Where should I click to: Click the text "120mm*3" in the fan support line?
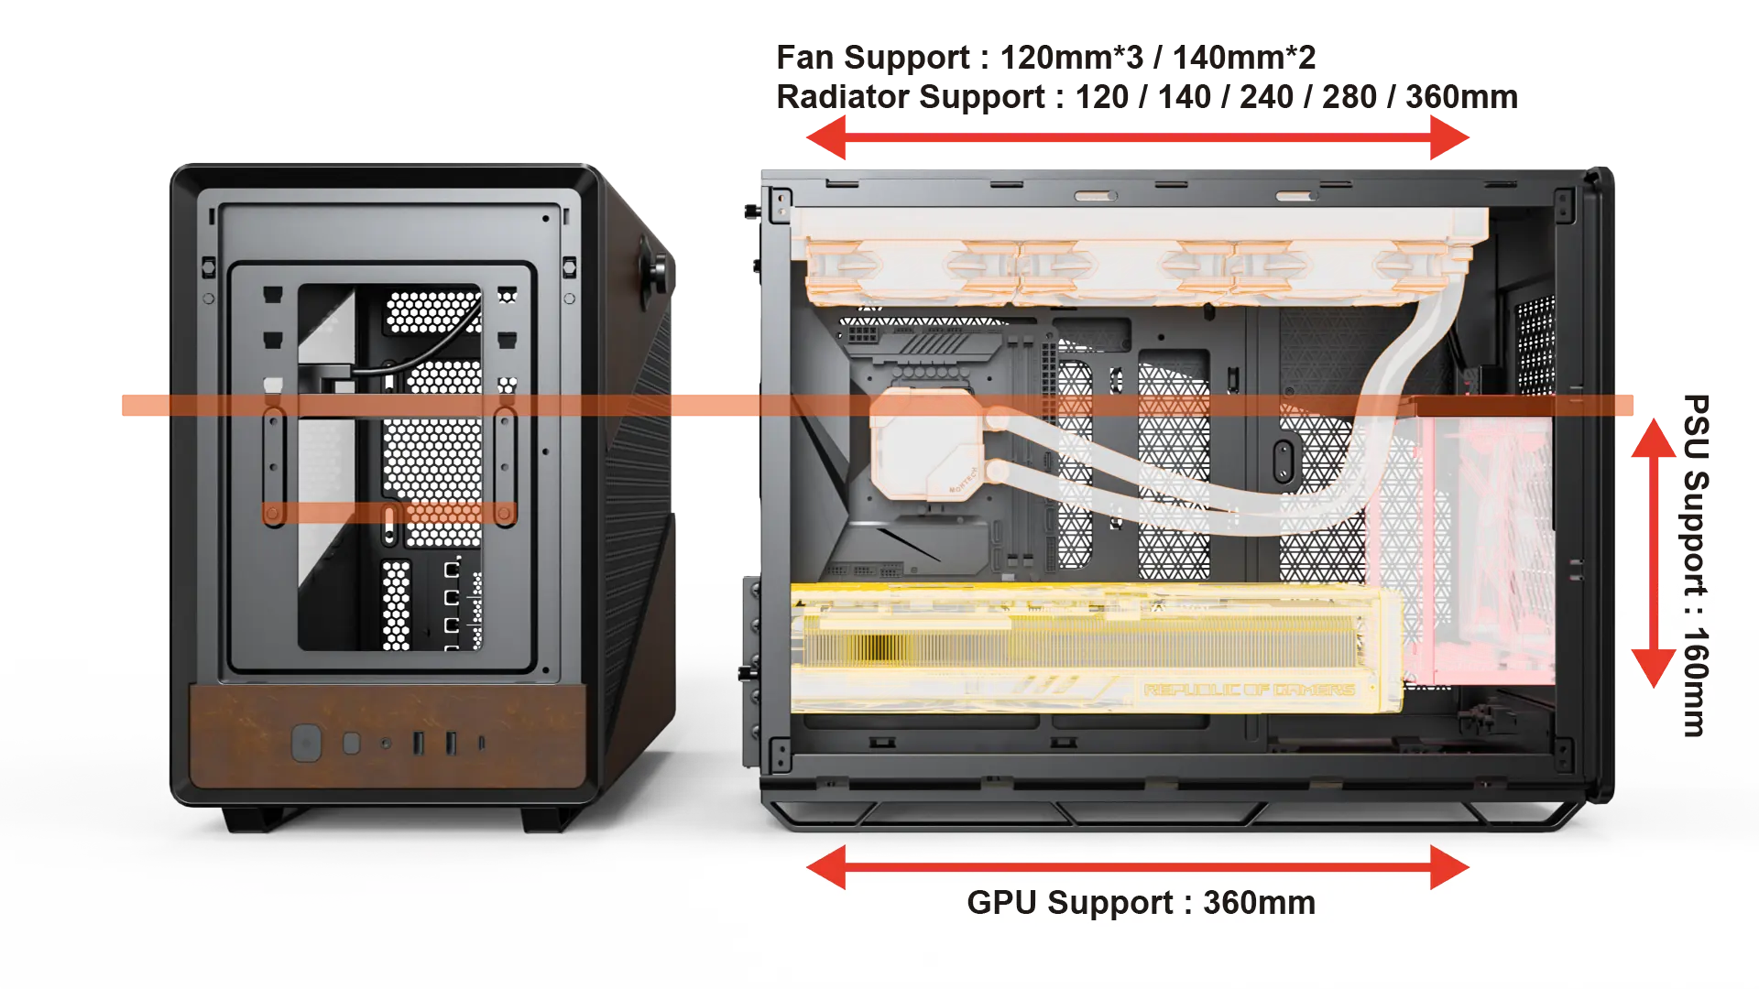(x=1071, y=58)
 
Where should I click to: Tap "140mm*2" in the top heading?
(x=1244, y=58)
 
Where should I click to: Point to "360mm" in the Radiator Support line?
(x=1461, y=97)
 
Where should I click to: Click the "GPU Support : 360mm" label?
(x=1141, y=903)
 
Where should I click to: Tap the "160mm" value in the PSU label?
(x=1696, y=682)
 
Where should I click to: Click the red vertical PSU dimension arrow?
(x=1654, y=553)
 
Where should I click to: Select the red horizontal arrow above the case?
(x=1138, y=138)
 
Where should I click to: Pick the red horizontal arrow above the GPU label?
(x=1138, y=867)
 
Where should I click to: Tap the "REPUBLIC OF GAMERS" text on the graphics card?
(x=1249, y=690)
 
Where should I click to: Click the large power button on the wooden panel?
(x=306, y=743)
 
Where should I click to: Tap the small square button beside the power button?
(x=351, y=743)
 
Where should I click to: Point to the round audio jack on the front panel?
(x=386, y=744)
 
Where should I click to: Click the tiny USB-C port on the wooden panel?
(x=482, y=743)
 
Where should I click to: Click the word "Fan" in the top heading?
(x=805, y=58)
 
